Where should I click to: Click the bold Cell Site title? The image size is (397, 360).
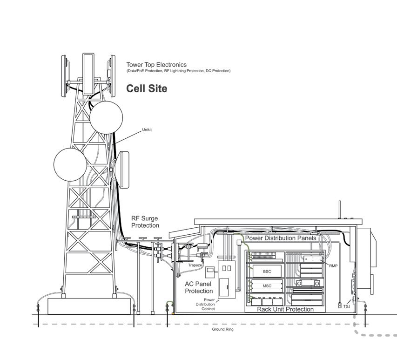(x=147, y=88)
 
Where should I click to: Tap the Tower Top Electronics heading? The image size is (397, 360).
(x=156, y=65)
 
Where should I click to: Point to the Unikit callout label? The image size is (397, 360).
(x=147, y=129)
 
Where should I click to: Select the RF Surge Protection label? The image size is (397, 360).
(x=145, y=222)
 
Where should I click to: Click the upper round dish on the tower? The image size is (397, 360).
(x=106, y=117)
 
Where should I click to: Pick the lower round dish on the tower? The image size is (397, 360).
(x=70, y=164)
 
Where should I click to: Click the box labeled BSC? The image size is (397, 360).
(x=267, y=271)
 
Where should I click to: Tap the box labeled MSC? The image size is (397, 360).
(x=267, y=286)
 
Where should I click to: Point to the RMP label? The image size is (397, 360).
(x=333, y=266)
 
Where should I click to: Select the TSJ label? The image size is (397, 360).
(x=347, y=306)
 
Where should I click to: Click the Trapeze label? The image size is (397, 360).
(x=195, y=265)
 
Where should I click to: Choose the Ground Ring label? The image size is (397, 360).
(x=222, y=329)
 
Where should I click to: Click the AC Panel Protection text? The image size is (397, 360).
(x=199, y=287)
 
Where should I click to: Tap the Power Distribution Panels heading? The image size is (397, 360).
(x=281, y=238)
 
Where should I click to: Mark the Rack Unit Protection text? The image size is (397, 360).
(x=285, y=309)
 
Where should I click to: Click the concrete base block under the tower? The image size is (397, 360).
(x=89, y=306)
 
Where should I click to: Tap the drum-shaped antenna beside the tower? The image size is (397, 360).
(x=123, y=170)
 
